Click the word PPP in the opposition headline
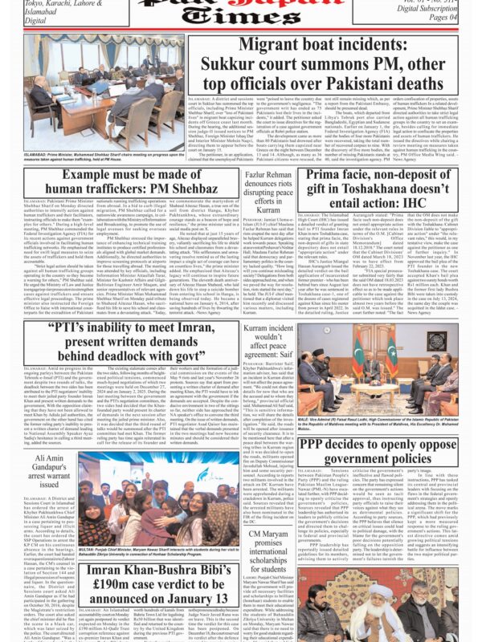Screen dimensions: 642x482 347,444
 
